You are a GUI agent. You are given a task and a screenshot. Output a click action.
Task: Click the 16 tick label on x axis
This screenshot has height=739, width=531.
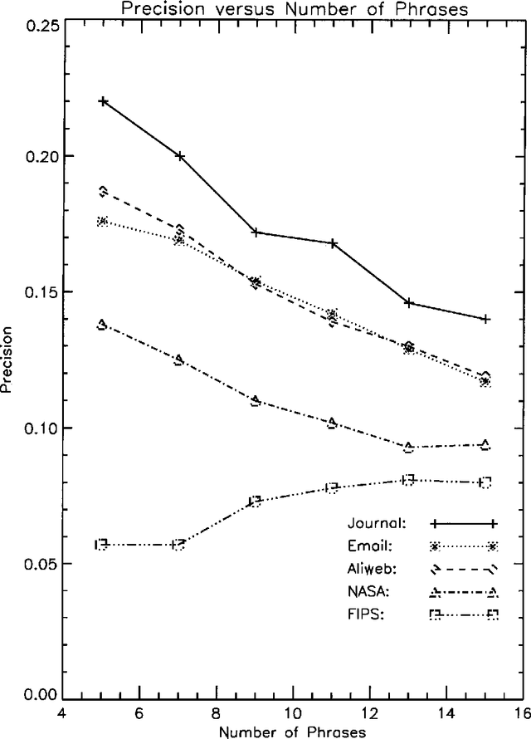(x=522, y=713)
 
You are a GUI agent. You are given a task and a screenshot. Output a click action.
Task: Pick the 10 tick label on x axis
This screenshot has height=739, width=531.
(x=292, y=713)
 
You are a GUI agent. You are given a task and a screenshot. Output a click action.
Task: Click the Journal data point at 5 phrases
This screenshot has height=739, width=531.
(x=103, y=101)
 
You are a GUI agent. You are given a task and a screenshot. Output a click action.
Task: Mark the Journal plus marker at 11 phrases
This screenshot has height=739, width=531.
(x=333, y=243)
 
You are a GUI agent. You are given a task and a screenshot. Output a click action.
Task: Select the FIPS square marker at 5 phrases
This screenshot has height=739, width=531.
(x=103, y=545)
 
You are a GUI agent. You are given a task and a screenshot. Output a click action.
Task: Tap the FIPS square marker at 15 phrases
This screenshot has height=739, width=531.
(x=485, y=482)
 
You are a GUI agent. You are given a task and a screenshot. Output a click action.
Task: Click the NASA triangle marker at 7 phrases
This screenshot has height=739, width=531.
(x=179, y=360)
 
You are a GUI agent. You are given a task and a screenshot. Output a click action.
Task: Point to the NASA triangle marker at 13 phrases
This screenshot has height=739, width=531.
(x=409, y=447)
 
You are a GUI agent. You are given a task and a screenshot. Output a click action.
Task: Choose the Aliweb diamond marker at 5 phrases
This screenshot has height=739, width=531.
(x=103, y=191)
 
